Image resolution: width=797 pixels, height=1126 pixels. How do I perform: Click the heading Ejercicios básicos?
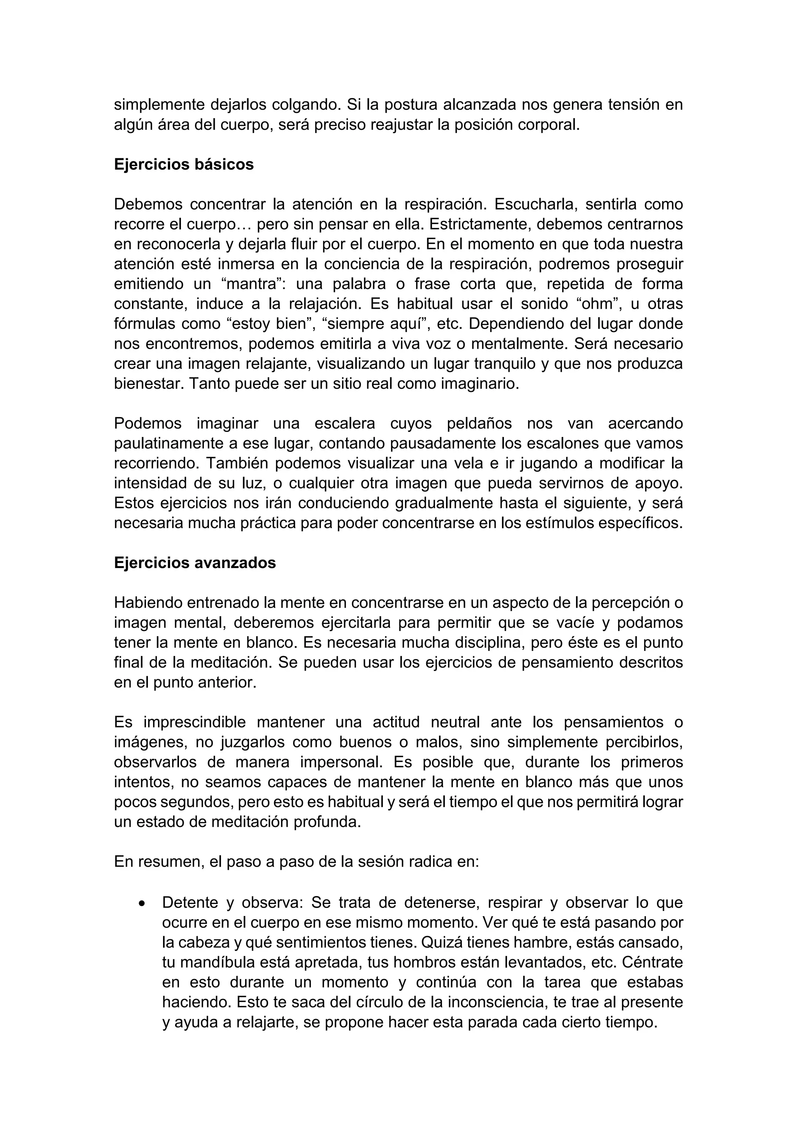click(184, 164)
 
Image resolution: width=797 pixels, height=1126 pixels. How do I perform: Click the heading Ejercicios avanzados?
click(195, 563)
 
